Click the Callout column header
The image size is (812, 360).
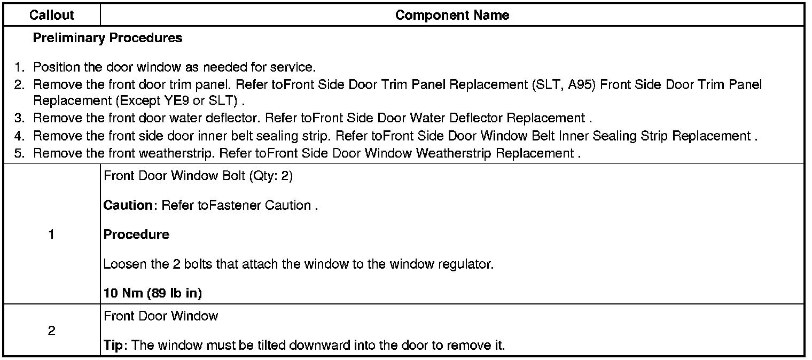tap(51, 15)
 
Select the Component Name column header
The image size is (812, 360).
tap(452, 15)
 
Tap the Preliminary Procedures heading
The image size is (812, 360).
tap(107, 38)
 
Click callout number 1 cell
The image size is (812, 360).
tap(51, 234)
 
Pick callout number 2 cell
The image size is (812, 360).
tap(51, 331)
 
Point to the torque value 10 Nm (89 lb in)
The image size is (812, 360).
tap(152, 293)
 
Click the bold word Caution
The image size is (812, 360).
tap(128, 206)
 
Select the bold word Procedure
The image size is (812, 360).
tap(136, 234)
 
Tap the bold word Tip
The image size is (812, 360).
tap(113, 345)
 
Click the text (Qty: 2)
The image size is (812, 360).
tap(271, 177)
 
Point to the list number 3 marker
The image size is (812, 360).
tap(20, 118)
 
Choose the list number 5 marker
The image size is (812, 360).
tap(20, 153)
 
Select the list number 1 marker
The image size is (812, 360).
tap(20, 67)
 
